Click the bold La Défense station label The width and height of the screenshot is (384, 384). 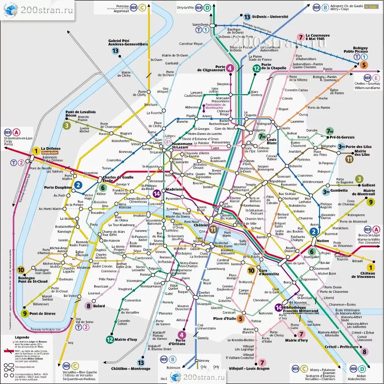click(50, 148)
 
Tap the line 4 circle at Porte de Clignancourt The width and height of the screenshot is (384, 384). click(230, 68)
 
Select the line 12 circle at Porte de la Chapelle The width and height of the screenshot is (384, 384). click(256, 68)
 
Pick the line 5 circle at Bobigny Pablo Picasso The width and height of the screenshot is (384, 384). click(363, 65)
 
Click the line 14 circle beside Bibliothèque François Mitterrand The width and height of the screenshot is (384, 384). click(278, 307)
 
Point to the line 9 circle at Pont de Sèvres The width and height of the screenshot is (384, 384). click(24, 314)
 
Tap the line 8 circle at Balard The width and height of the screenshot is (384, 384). click(88, 306)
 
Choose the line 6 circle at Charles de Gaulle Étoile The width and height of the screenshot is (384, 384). click(103, 188)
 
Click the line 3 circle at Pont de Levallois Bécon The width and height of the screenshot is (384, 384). click(66, 125)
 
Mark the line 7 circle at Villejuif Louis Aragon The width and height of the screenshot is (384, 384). click(261, 362)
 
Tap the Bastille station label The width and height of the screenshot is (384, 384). click(262, 236)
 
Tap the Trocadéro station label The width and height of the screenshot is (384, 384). click(97, 212)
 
